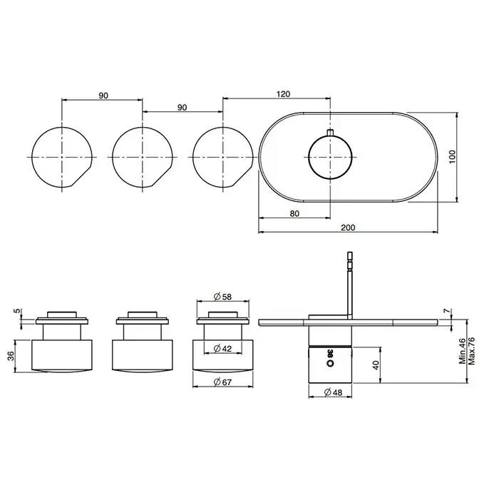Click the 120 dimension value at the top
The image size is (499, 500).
coord(283,93)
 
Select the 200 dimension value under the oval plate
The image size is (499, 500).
coord(348,228)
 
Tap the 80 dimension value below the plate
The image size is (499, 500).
coord(294,213)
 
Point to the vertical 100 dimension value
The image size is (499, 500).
coord(452,157)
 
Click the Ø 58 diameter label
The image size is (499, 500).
coord(222,297)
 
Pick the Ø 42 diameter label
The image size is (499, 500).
coord(222,349)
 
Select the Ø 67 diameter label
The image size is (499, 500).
coord(222,382)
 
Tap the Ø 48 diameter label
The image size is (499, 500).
coord(334,392)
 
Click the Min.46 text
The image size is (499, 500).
coord(463,351)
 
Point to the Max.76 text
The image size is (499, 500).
coord(471,351)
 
